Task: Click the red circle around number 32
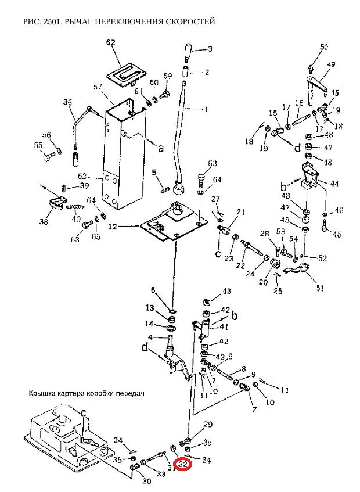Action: [184, 465]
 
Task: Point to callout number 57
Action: [98, 86]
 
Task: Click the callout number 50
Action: [324, 46]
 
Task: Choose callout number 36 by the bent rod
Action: [67, 103]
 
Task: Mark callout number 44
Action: [334, 184]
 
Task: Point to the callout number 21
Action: [240, 211]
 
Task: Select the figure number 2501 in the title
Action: [51, 21]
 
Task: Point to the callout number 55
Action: [38, 145]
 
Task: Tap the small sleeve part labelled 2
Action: [186, 73]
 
